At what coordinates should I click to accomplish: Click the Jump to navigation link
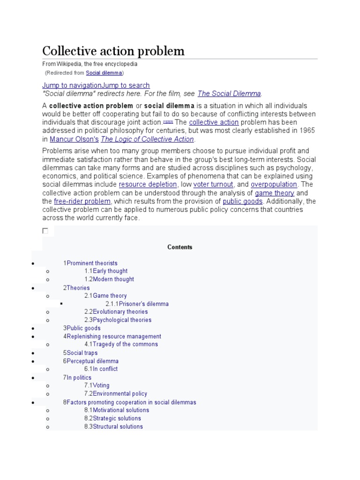click(x=72, y=85)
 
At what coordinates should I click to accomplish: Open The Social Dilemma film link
click(x=229, y=93)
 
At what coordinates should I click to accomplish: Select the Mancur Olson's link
click(x=74, y=139)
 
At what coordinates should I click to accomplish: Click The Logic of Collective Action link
click(x=147, y=139)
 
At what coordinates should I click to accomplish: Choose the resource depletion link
click(x=148, y=185)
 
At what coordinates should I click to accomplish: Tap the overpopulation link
click(x=274, y=185)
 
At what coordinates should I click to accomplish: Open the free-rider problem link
click(x=82, y=202)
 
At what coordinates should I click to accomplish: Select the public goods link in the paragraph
click(x=242, y=202)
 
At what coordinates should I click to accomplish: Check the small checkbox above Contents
click(x=45, y=231)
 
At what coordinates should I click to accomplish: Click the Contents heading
click(x=180, y=247)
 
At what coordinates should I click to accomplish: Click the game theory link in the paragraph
click(x=275, y=193)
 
